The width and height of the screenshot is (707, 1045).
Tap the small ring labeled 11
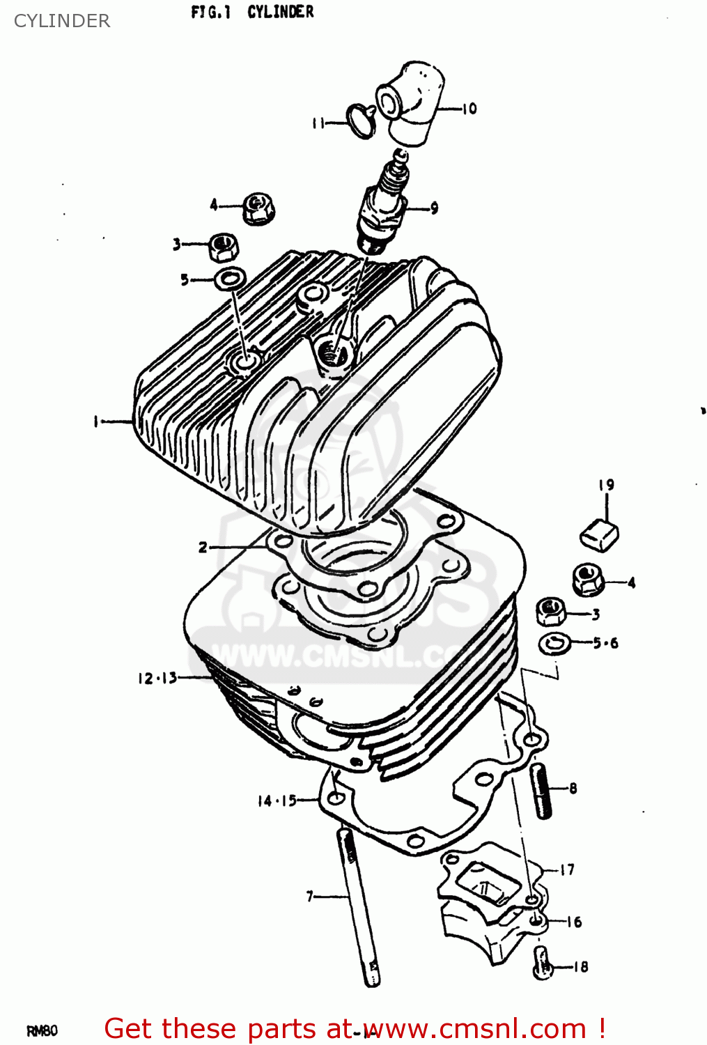361,121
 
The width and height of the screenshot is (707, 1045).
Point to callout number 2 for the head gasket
202,547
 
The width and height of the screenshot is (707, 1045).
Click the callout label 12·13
157,678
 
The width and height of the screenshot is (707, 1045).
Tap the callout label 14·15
277,801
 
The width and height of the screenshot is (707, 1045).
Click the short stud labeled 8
542,791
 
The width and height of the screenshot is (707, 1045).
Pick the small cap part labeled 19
599,534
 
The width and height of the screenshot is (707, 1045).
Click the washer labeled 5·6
555,644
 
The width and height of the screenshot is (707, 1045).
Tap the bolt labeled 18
543,964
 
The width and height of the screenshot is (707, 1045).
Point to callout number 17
568,869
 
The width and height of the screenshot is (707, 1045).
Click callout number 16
574,922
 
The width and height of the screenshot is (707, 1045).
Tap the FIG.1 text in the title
210,12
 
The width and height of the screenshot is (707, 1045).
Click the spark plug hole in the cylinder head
335,355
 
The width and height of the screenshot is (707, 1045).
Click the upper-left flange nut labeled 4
258,208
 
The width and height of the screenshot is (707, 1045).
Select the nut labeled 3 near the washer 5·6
551,612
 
